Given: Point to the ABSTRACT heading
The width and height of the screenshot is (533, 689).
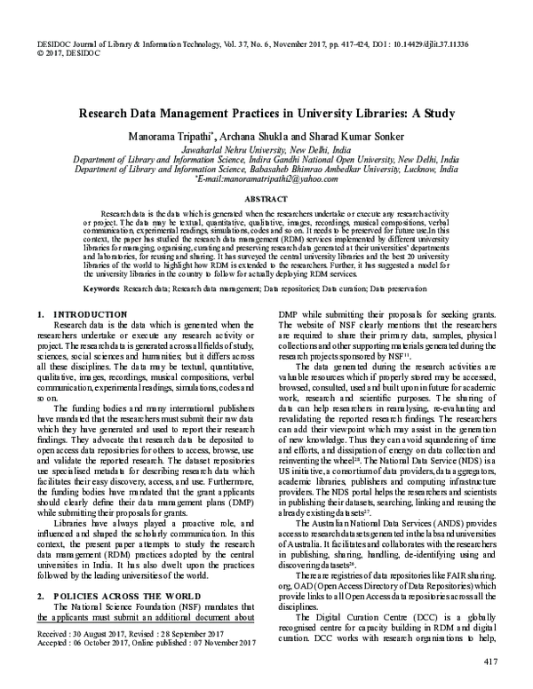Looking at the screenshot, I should pos(266,201).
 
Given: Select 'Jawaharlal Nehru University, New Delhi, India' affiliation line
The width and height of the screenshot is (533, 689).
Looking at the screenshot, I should pos(266,150).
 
